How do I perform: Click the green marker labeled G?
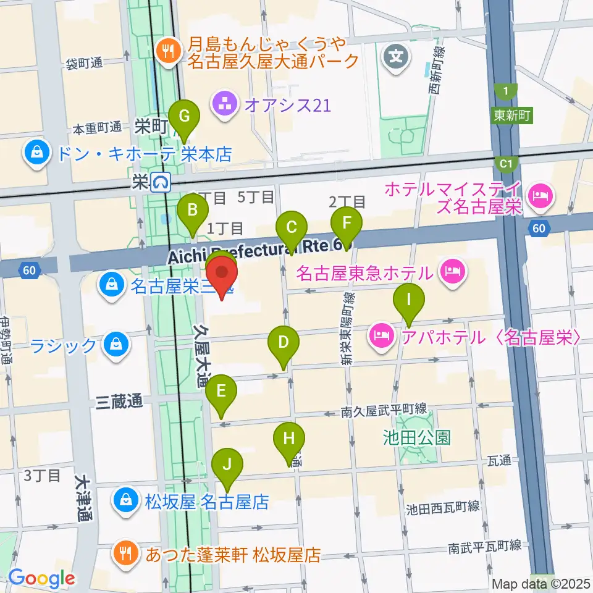pyautogui.click(x=183, y=116)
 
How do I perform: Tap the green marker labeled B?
pyautogui.click(x=193, y=210)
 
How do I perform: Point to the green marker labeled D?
pyautogui.click(x=284, y=343)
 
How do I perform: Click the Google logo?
pyautogui.click(x=41, y=578)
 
